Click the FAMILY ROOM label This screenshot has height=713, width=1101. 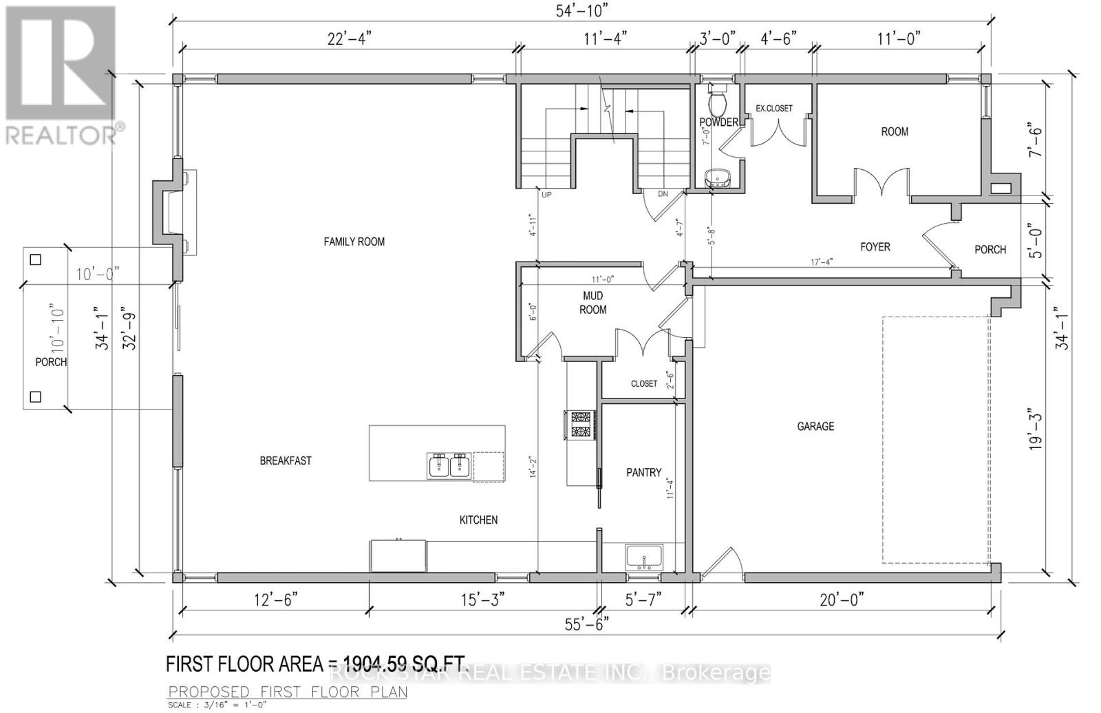click(x=354, y=242)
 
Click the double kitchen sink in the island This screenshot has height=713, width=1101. click(x=448, y=466)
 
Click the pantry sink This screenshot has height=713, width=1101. click(x=644, y=556)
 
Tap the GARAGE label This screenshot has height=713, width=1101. click(x=815, y=427)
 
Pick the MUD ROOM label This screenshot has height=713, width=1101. click(x=592, y=303)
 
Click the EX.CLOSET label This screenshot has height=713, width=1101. click(x=774, y=109)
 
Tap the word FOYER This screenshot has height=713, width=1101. click(x=875, y=246)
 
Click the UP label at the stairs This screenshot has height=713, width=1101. click(x=547, y=195)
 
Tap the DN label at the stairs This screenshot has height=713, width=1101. click(x=663, y=194)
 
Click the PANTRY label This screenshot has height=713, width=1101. click(x=643, y=473)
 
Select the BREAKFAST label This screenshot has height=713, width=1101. click(x=286, y=461)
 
